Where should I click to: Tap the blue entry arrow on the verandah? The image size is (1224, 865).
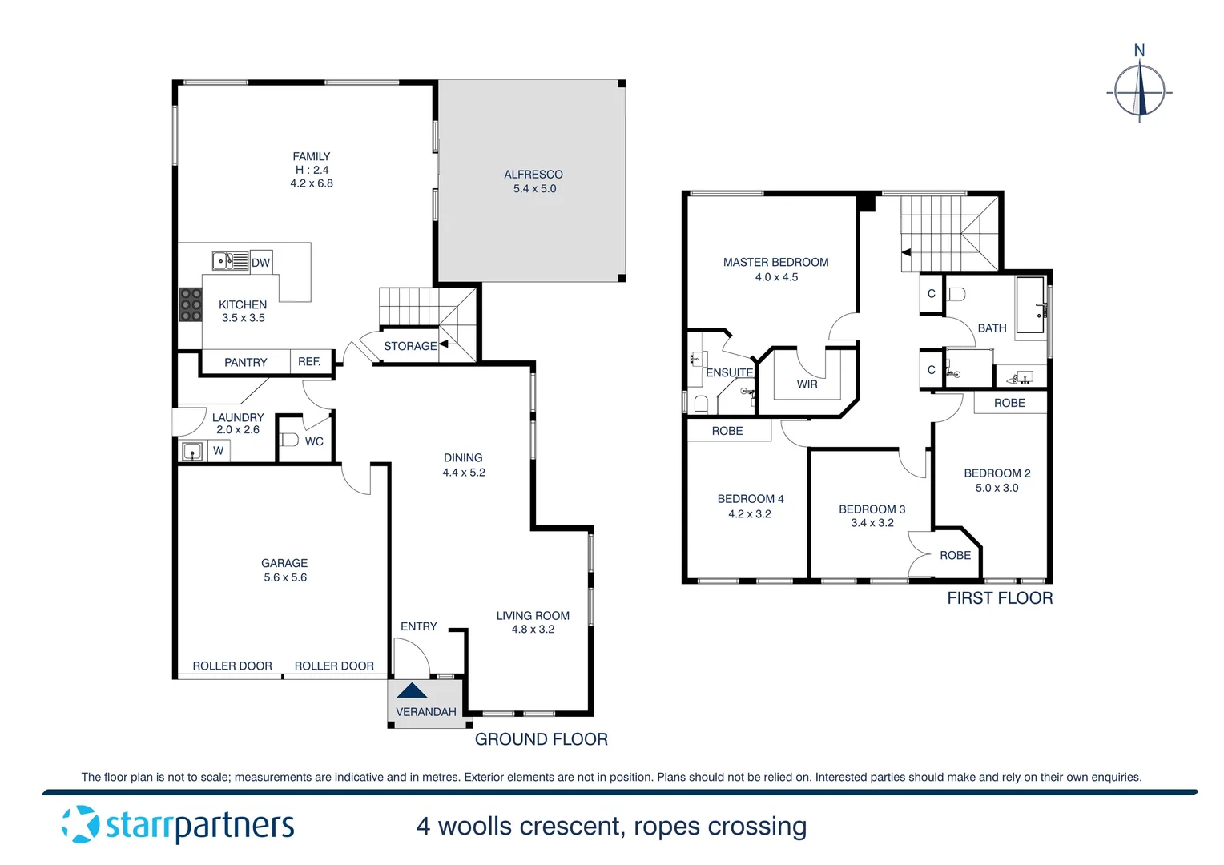(412, 690)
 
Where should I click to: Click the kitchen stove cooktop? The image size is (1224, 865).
(191, 305)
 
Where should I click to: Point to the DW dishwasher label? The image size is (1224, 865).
(261, 263)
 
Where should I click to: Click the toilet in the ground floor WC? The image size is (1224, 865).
(289, 440)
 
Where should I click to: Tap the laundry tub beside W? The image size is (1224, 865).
(192, 452)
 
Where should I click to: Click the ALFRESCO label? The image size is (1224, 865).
(533, 175)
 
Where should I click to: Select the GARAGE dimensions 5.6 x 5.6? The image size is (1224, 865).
(285, 577)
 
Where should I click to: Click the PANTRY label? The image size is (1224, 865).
(246, 363)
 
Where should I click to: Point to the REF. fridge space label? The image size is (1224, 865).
(309, 362)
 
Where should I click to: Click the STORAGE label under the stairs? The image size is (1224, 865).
(410, 346)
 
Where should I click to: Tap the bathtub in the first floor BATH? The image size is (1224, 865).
(1030, 305)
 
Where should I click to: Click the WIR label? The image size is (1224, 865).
(807, 384)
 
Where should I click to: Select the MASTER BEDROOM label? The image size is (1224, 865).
(775, 262)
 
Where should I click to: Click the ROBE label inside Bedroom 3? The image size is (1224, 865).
(955, 555)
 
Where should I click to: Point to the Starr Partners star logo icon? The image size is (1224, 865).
(81, 824)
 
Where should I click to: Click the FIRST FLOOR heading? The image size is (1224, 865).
(1000, 598)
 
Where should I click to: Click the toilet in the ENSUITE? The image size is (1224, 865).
(701, 403)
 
